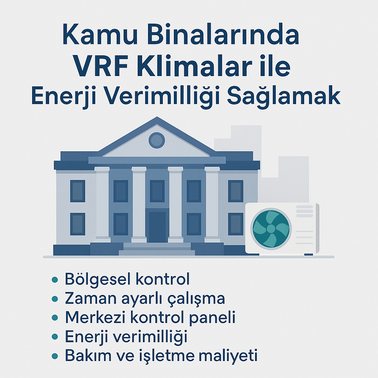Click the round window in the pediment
tap(157, 140)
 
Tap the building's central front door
tap(157, 227)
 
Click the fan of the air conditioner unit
tap(271, 228)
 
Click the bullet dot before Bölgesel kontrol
tap(55, 280)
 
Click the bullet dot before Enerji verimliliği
tap(55, 337)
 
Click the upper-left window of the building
tap(78, 191)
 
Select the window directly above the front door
tap(157, 191)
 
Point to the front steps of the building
tap(157, 249)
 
